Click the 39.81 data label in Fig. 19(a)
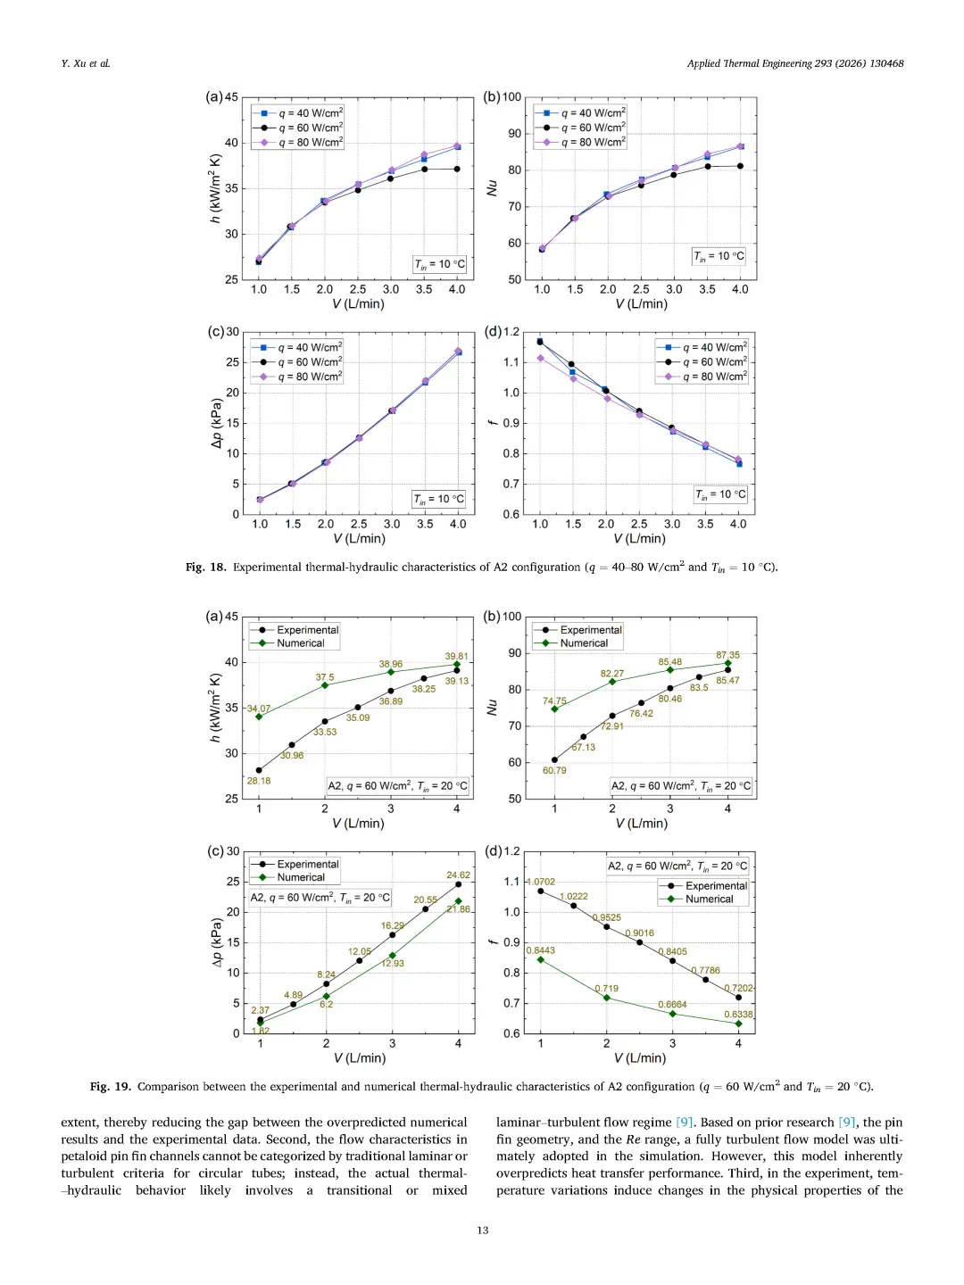(456, 656)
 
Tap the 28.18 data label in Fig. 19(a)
(259, 781)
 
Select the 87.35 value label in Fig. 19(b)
(727, 655)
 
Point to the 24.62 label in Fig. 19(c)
(458, 875)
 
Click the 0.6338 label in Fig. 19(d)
(738, 1015)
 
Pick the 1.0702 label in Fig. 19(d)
(541, 882)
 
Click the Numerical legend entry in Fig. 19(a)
(300, 643)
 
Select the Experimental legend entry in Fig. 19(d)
(715, 886)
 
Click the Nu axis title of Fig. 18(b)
(492, 187)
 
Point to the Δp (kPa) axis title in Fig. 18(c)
(216, 423)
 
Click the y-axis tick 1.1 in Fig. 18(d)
(511, 362)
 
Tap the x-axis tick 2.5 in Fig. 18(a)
(358, 289)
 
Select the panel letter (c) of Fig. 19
(215, 851)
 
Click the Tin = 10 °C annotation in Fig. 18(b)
(719, 256)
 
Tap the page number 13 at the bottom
(482, 1231)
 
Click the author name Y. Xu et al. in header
(86, 63)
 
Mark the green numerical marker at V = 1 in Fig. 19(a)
(259, 717)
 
